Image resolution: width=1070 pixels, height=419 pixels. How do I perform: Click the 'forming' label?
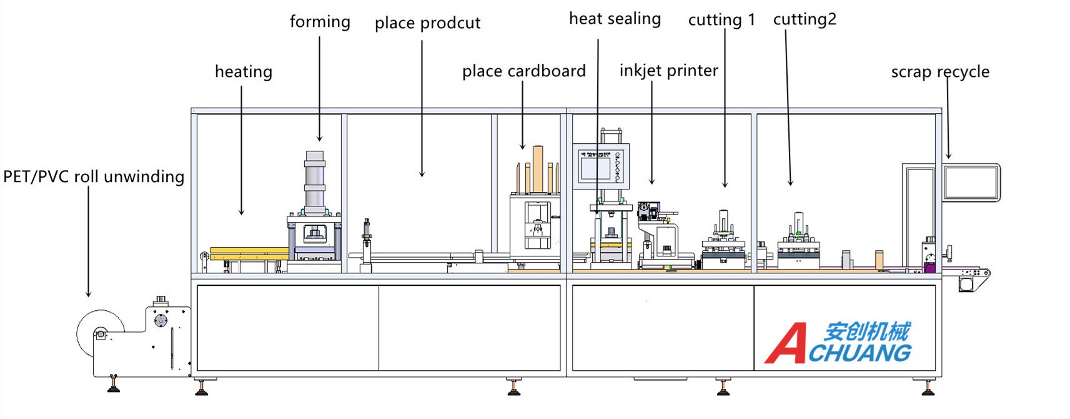click(320, 22)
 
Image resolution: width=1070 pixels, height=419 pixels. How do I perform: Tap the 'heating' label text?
click(244, 72)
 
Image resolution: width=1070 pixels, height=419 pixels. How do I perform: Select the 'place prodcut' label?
click(427, 24)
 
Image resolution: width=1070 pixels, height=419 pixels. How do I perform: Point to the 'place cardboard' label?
click(523, 71)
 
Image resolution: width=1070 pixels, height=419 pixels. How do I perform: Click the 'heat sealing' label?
click(615, 19)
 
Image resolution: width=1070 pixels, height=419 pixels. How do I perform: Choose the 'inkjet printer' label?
click(668, 71)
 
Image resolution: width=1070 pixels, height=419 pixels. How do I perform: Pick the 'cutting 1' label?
click(721, 21)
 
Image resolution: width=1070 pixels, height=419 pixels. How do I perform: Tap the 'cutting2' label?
click(805, 20)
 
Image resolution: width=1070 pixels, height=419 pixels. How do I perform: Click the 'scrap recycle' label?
click(940, 72)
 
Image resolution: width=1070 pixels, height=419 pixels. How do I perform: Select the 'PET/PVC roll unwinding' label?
click(94, 177)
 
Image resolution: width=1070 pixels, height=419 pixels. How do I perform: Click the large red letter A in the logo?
click(786, 343)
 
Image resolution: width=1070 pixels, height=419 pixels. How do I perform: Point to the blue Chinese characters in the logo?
click(866, 331)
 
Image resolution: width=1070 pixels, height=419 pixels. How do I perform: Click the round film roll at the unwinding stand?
click(99, 332)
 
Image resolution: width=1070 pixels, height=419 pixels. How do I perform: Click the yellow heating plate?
click(249, 253)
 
